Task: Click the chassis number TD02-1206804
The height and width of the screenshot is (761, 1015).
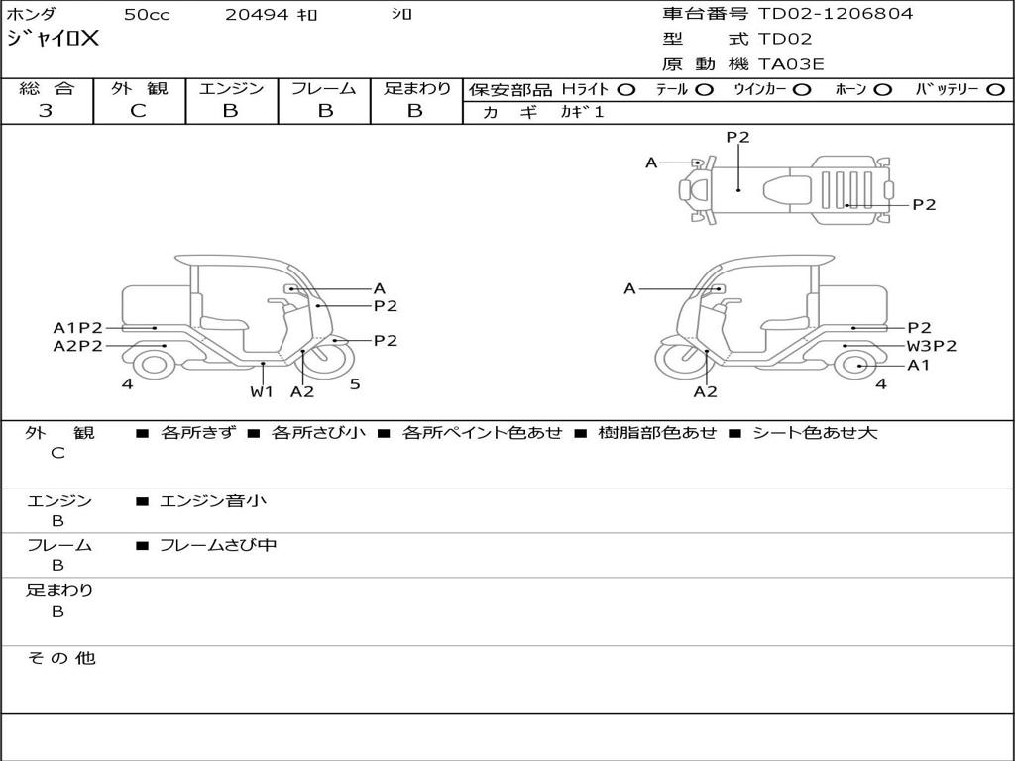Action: pos(836,14)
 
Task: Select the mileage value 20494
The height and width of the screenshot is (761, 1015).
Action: pos(257,15)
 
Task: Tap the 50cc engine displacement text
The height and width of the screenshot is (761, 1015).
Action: pos(146,15)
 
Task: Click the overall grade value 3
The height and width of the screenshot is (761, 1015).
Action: pos(46,111)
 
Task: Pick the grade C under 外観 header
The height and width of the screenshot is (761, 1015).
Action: pos(138,111)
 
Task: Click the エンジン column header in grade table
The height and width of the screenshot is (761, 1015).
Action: pos(231,89)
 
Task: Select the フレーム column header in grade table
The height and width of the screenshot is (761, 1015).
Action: pos(324,89)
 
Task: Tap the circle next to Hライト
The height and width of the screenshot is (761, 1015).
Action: pos(625,90)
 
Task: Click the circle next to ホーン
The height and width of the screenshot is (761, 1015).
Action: pos(882,90)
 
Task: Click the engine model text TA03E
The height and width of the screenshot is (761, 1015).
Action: pos(791,65)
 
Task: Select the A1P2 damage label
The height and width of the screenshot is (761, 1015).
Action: pos(77,328)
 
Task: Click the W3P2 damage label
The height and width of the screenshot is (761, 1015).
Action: pos(932,346)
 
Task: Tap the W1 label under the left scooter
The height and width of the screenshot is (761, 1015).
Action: pos(262,391)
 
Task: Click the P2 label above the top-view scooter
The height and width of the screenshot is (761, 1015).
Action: pos(737,138)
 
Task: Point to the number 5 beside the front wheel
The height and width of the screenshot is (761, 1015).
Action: pos(354,384)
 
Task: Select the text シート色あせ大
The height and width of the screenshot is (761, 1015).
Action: pos(815,433)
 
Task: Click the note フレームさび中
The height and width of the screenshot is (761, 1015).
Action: pos(218,545)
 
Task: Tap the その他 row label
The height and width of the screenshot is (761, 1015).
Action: pos(60,658)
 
